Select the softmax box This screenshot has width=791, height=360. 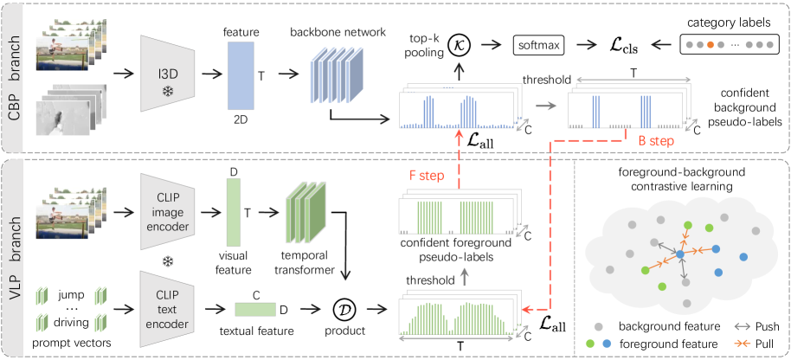point(540,42)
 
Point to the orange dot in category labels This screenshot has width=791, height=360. point(710,42)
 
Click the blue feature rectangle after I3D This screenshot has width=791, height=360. point(240,74)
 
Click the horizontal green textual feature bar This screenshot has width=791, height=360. point(256,307)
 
